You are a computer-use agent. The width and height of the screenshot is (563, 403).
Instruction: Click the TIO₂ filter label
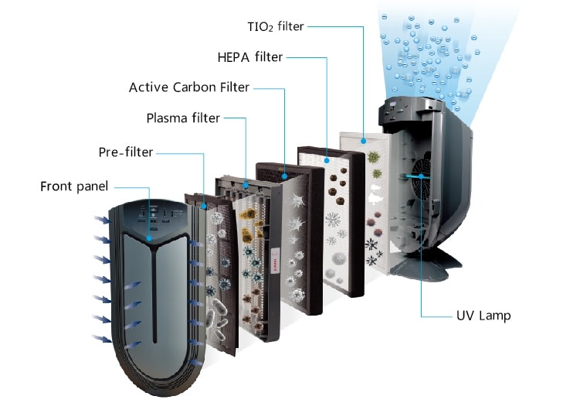point(276,26)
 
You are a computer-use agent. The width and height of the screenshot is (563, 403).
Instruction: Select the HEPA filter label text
point(250,57)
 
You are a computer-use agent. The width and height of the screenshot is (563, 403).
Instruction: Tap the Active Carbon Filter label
point(189,87)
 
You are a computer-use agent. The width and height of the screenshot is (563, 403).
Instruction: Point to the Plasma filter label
point(183,118)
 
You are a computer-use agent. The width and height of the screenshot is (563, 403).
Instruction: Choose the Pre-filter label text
point(126,152)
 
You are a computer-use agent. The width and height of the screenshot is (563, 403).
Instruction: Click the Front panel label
point(74,186)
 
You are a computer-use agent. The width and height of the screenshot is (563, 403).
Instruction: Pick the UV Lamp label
point(483,316)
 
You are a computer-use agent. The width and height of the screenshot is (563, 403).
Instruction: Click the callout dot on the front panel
point(149,238)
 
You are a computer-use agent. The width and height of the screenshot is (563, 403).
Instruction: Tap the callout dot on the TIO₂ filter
point(364,142)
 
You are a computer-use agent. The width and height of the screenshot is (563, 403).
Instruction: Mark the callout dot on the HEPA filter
point(327,160)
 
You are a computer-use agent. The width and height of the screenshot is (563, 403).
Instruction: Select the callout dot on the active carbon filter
point(284,176)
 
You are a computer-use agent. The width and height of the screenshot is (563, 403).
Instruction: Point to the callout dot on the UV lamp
point(421,176)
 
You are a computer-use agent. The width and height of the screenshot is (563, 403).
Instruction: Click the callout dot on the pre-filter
point(204,207)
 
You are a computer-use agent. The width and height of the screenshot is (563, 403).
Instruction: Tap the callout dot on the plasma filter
point(246,186)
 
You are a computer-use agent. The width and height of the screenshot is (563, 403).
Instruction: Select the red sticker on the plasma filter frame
point(276,260)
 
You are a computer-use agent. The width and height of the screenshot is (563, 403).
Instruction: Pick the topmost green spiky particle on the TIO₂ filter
point(374,157)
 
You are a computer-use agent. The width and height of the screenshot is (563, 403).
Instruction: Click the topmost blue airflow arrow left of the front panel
point(103,220)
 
